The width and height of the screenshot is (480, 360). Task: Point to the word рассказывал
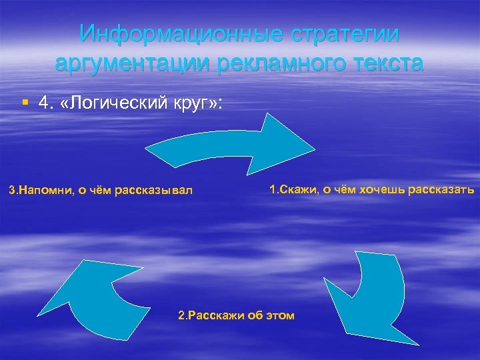tap(153, 191)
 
